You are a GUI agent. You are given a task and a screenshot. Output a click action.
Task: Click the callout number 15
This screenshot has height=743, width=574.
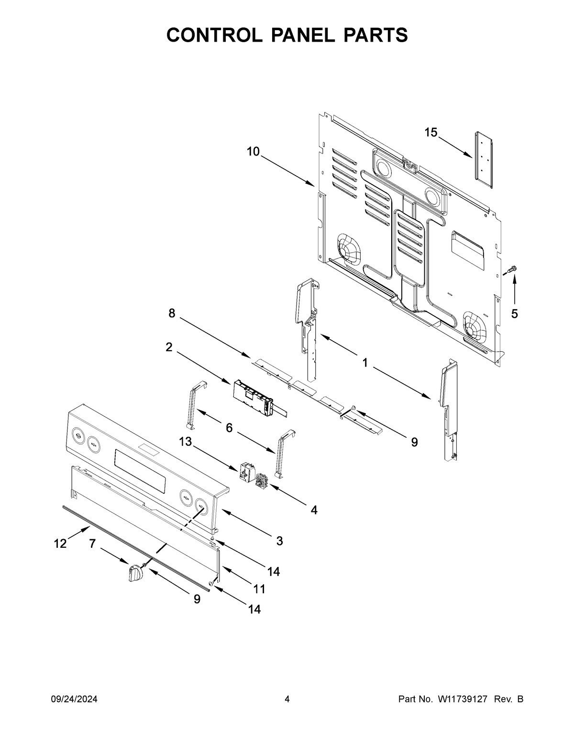pyautogui.click(x=431, y=133)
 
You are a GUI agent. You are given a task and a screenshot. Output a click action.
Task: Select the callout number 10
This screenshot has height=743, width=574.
pyautogui.click(x=253, y=152)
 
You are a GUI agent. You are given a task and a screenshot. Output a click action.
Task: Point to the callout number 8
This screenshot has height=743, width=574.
pyautogui.click(x=172, y=313)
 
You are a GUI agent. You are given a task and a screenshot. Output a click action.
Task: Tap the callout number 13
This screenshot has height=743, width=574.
pyautogui.click(x=186, y=442)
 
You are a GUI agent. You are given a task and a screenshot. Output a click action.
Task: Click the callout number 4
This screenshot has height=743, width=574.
pyautogui.click(x=314, y=510)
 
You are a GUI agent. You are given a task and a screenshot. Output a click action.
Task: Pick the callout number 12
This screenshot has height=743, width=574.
pyautogui.click(x=60, y=544)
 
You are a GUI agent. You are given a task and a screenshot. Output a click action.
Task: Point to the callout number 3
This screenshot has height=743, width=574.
pyautogui.click(x=279, y=541)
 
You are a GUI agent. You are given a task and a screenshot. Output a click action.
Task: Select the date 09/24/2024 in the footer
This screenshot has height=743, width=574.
pyautogui.click(x=74, y=699)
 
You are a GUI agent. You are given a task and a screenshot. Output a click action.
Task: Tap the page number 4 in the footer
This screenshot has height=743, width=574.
pyautogui.click(x=287, y=699)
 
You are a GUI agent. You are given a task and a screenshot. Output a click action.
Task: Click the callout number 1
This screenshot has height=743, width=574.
pyautogui.click(x=365, y=363)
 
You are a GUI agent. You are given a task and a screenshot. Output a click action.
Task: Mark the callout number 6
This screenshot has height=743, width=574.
pyautogui.click(x=229, y=428)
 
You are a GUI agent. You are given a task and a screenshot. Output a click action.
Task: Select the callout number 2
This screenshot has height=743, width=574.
pyautogui.click(x=169, y=347)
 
